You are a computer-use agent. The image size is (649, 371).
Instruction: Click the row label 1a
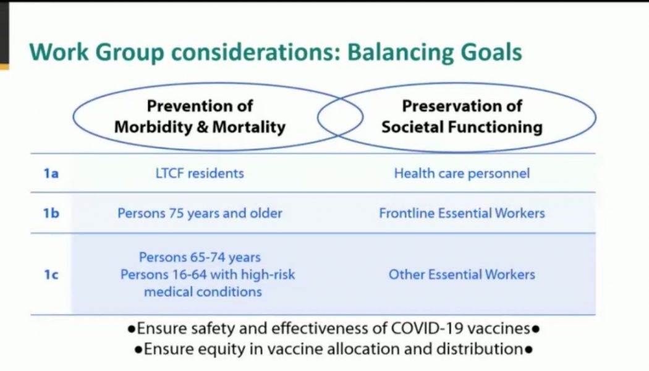point(51,173)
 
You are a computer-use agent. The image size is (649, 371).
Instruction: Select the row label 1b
point(51,213)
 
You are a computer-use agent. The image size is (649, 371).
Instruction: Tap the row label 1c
point(51,274)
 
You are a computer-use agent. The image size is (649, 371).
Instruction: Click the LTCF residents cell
point(200,173)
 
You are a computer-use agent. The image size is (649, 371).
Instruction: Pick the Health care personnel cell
point(462,173)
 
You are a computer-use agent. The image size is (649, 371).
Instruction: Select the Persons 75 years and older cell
point(200,213)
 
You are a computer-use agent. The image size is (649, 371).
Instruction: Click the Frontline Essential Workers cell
point(462,213)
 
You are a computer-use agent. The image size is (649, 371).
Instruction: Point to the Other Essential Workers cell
point(462,274)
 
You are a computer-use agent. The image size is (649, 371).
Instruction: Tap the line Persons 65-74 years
point(200,257)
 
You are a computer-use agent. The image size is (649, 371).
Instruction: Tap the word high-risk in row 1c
point(265,274)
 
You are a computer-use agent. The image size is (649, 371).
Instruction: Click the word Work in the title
point(57,53)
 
